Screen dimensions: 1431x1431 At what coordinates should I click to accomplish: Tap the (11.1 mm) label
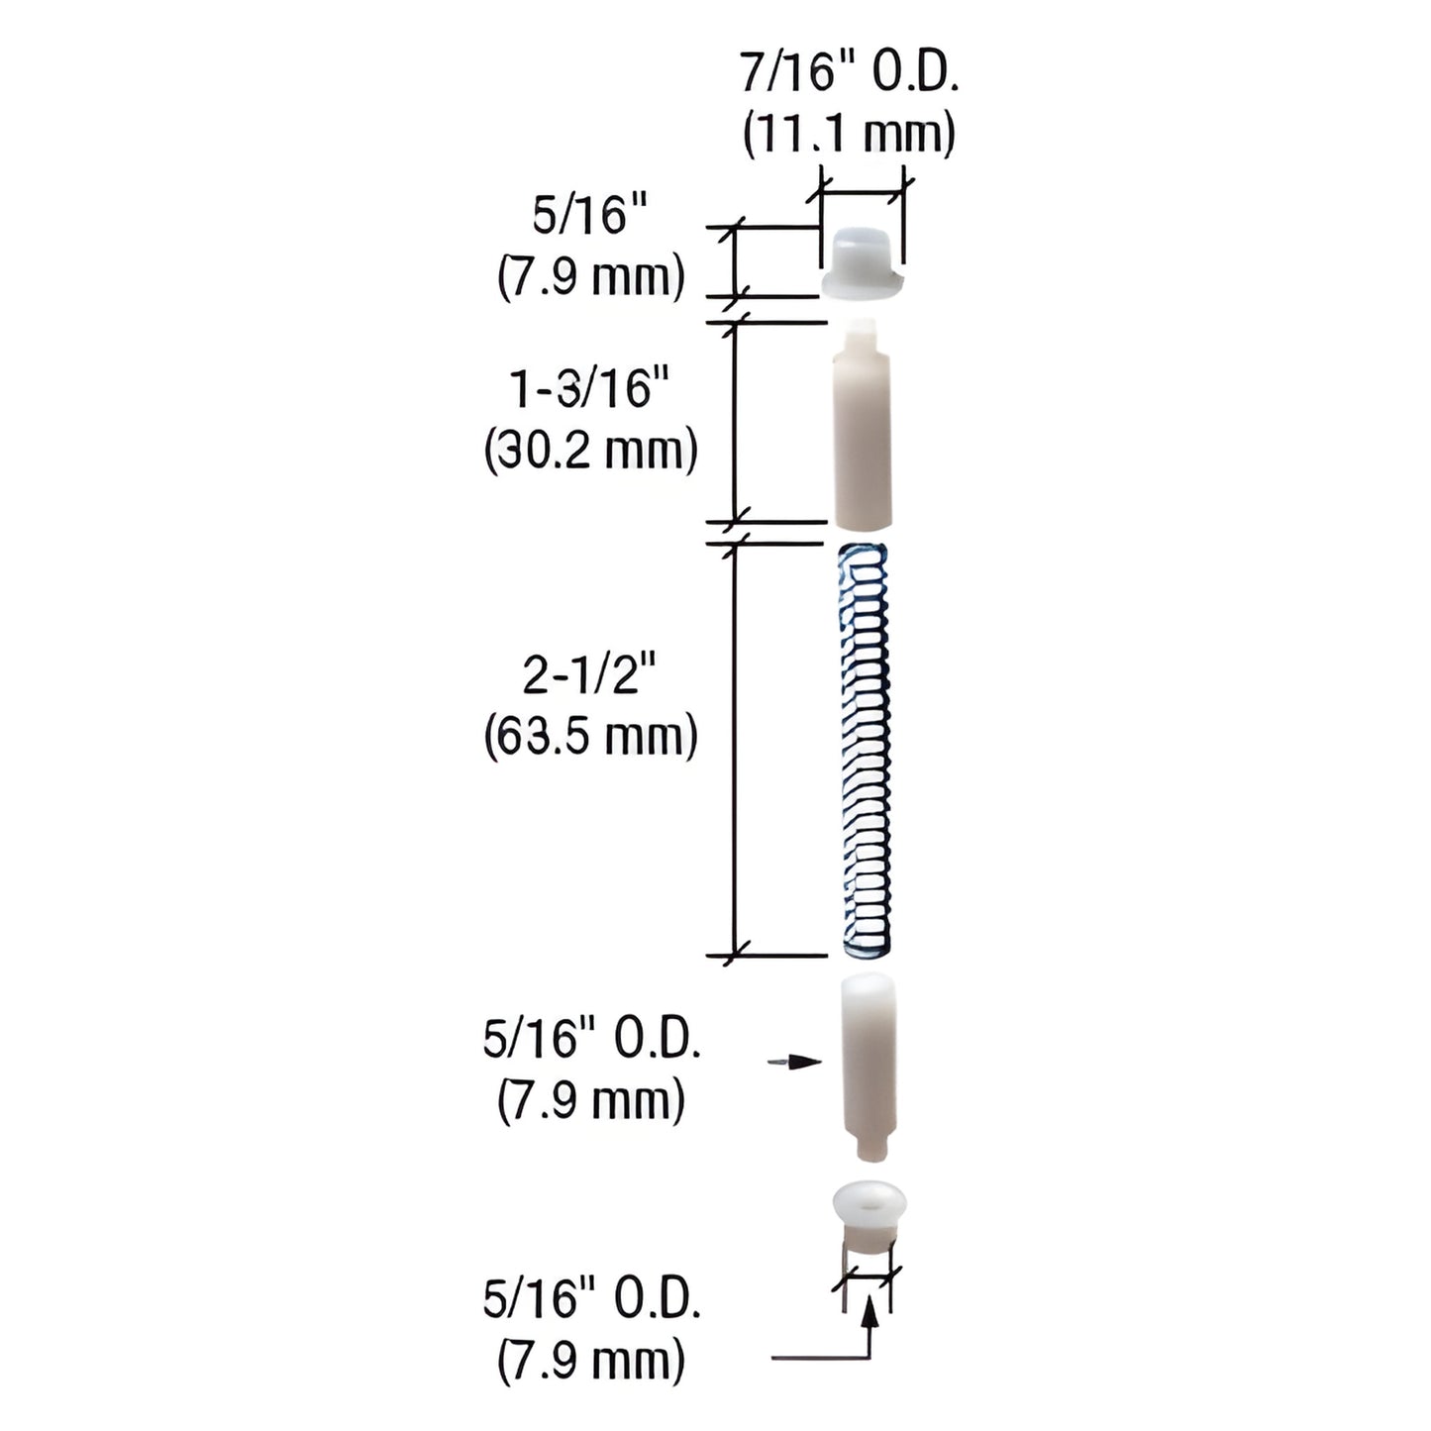tap(850, 133)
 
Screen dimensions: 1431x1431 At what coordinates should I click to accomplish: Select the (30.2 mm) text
tap(591, 451)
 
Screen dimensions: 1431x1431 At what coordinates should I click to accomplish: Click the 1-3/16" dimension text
tap(591, 389)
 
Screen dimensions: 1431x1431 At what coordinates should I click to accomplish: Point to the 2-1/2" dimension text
tap(591, 676)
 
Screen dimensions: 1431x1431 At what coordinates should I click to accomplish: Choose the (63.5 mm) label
tap(591, 738)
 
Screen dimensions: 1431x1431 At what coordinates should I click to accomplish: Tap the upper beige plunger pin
tap(862, 436)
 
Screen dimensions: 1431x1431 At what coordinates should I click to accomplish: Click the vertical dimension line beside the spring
tap(734, 750)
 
